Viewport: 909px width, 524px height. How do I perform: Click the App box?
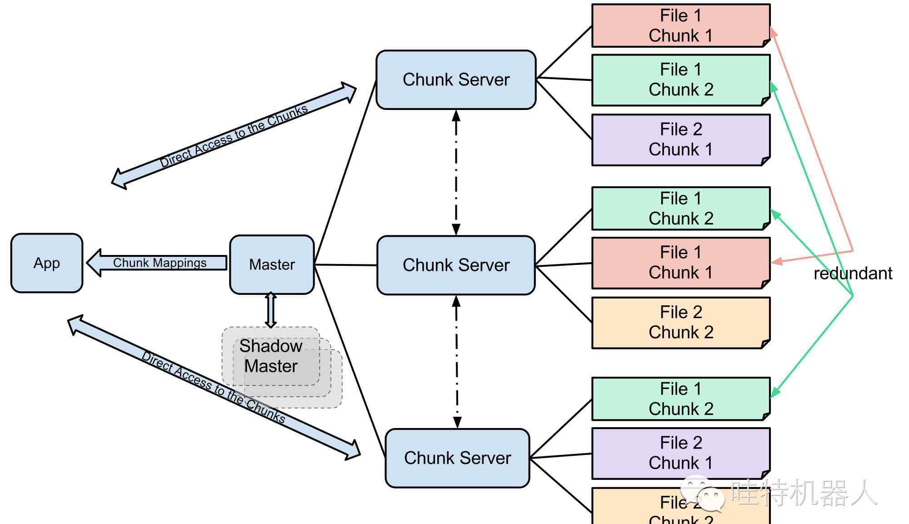pyautogui.click(x=47, y=263)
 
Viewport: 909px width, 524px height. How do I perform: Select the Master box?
pyautogui.click(x=272, y=264)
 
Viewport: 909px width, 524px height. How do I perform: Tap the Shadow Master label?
pyautogui.click(x=271, y=356)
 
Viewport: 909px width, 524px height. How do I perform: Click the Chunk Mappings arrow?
pyautogui.click(x=159, y=263)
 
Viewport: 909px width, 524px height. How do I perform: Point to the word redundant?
pyautogui.click(x=853, y=274)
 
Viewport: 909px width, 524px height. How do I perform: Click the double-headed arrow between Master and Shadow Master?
pyautogui.click(x=271, y=310)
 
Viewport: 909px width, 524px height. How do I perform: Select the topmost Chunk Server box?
pyautogui.click(x=456, y=80)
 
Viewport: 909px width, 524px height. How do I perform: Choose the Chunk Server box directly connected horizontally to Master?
pyautogui.click(x=456, y=265)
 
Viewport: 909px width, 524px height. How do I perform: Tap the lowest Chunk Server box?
pyautogui.click(x=457, y=458)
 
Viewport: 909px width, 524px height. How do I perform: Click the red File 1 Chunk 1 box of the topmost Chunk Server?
pyautogui.click(x=680, y=26)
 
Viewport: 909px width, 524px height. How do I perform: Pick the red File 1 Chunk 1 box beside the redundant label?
pyautogui.click(x=680, y=263)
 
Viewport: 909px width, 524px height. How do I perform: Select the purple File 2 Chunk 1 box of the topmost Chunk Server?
pyautogui.click(x=680, y=140)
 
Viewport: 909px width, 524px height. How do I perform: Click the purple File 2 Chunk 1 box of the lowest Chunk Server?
pyautogui.click(x=680, y=453)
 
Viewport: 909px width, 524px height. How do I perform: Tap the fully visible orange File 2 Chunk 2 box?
pyautogui.click(x=680, y=323)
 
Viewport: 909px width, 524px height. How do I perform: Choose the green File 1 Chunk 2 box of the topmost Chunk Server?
pyautogui.click(x=680, y=80)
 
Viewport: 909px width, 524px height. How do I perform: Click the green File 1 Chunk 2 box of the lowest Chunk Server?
pyautogui.click(x=680, y=399)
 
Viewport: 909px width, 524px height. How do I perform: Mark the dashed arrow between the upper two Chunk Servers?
pyautogui.click(x=456, y=173)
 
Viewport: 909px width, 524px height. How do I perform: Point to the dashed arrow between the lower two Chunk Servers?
pyautogui.click(x=457, y=362)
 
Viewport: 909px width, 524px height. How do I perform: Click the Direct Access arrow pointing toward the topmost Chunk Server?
pyautogui.click(x=234, y=135)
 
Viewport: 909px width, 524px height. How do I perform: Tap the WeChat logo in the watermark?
pyautogui.click(x=703, y=493)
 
